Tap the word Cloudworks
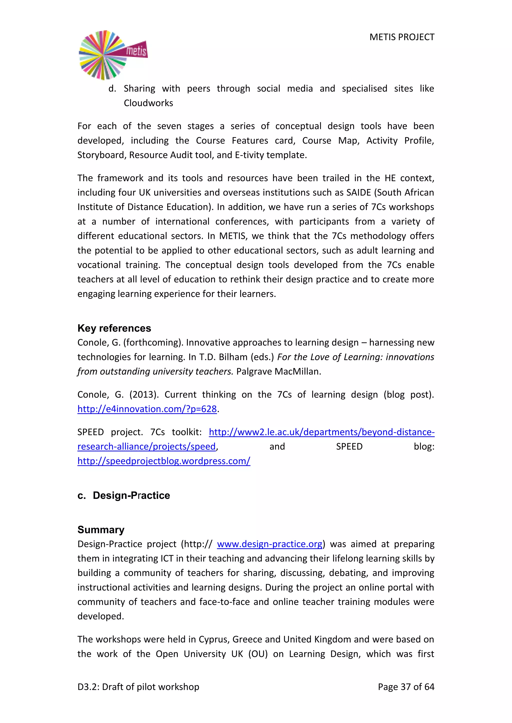(x=148, y=103)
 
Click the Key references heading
(x=114, y=328)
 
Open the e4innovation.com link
(x=147, y=409)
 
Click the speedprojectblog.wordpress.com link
(x=164, y=461)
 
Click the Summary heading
(x=101, y=530)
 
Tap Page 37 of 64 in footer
(x=406, y=687)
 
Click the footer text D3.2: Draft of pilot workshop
(x=138, y=687)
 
